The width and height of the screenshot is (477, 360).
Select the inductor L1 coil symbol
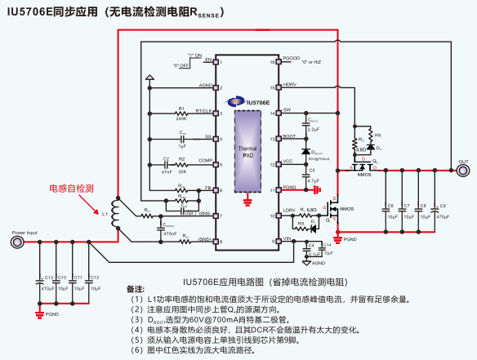click(x=117, y=214)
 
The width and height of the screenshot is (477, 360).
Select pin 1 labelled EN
click(x=208, y=61)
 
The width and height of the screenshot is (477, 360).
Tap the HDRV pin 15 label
click(x=290, y=85)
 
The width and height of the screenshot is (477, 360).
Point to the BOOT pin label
click(x=289, y=136)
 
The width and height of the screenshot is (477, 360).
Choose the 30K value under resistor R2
click(x=182, y=171)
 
